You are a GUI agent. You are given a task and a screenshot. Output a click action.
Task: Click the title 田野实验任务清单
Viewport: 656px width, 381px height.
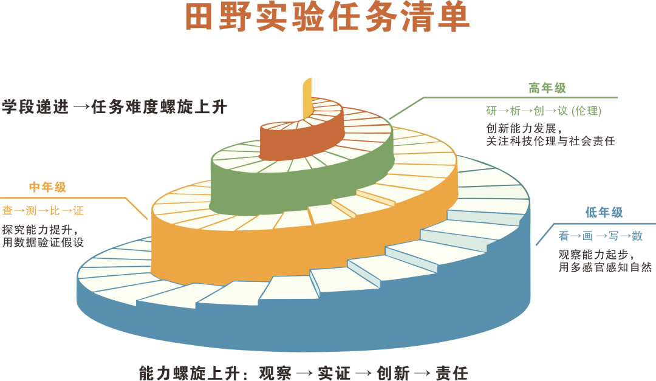[x=327, y=17]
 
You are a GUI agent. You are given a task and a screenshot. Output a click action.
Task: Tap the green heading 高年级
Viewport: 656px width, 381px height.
[x=547, y=88]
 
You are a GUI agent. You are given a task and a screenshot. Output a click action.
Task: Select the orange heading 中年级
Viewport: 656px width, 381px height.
[x=47, y=187]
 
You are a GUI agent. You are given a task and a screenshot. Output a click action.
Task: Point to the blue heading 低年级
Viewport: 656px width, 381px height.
[x=604, y=212]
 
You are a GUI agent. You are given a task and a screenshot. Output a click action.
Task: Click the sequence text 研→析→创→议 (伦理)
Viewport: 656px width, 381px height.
[x=544, y=111]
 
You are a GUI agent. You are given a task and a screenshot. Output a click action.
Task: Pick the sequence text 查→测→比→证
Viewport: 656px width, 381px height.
[x=43, y=210]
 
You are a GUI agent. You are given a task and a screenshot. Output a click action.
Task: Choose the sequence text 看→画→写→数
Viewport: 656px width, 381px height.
[x=600, y=236]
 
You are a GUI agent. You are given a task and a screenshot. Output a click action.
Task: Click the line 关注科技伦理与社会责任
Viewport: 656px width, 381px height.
[x=550, y=141]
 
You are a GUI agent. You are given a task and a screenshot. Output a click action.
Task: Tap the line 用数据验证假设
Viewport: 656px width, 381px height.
[x=43, y=242]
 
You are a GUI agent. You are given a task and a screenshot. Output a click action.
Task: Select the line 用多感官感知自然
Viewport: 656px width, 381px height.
[x=605, y=267]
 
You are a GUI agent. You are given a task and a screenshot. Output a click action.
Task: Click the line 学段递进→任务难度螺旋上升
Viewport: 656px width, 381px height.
[x=114, y=107]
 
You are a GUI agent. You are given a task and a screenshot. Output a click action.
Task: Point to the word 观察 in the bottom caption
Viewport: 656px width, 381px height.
[x=275, y=373]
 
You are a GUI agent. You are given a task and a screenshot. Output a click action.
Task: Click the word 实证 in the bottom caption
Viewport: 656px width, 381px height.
[x=334, y=373]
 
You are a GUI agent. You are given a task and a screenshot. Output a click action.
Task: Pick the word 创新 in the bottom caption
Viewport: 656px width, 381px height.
[x=393, y=373]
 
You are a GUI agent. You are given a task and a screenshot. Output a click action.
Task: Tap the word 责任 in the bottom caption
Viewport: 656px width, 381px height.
[x=452, y=373]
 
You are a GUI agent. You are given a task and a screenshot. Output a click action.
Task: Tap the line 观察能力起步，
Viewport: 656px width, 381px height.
[x=597, y=254]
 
